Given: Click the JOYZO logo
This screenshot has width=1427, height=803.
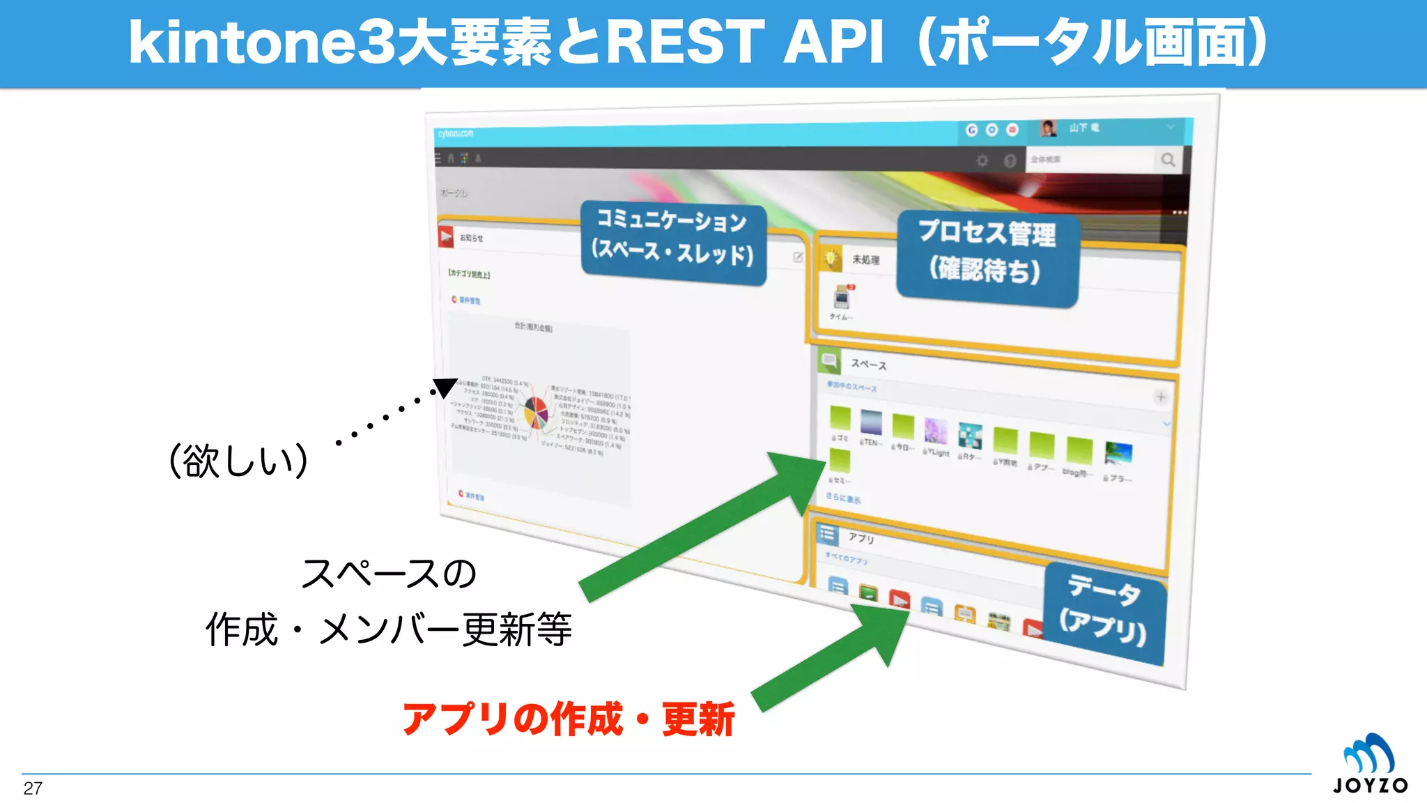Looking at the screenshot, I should pos(1370,765).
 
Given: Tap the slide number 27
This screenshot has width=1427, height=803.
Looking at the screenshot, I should pos(33,788).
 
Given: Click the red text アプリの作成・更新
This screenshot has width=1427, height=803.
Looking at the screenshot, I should pos(568,719).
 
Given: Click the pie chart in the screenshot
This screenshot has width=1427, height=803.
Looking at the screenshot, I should pos(536,412).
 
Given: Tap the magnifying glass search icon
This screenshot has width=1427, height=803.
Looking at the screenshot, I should pos(1168,160).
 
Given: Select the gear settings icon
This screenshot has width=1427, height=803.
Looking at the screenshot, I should pos(982,161).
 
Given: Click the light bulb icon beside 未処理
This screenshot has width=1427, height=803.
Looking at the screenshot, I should pos(830,258).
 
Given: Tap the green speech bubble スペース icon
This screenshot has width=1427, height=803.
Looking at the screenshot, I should pos(829,360).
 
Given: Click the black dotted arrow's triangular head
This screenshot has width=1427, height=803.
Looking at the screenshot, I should pos(444,388).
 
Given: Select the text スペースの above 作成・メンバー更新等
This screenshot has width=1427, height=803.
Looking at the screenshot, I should pos(388,574).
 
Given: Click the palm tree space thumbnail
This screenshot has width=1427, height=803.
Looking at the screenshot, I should pos(1118,454).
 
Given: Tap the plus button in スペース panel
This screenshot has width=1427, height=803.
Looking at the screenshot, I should pos(1160,397).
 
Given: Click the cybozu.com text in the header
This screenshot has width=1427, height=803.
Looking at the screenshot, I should pos(456,134).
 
